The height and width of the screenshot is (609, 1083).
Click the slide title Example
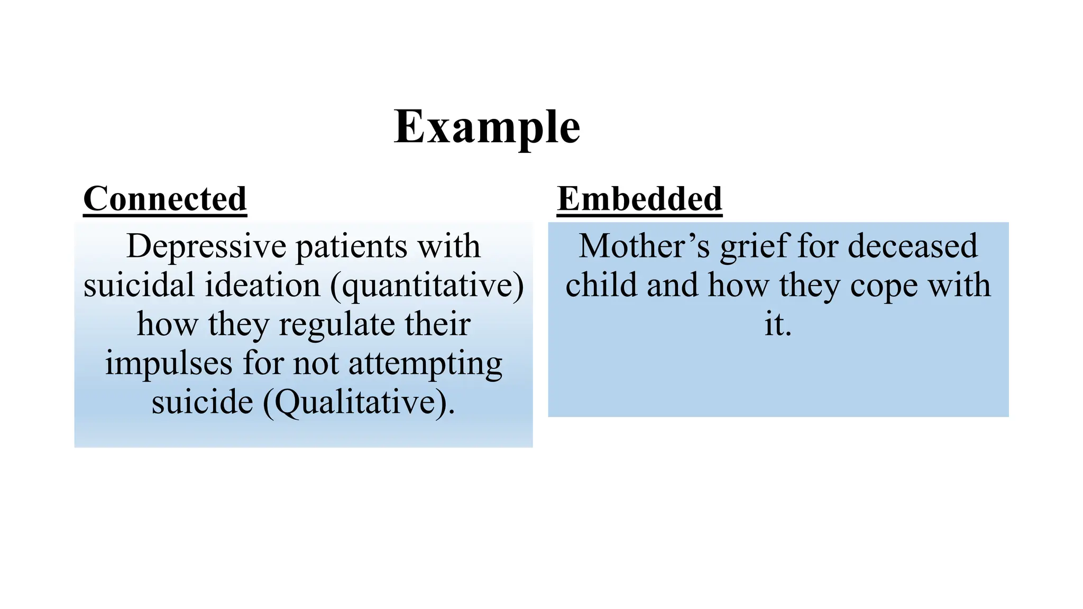487,127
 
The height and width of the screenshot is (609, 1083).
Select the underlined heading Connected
165,199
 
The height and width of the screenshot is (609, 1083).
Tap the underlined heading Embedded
639,199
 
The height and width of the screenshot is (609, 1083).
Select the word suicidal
139,285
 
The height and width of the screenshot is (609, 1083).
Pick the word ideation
262,285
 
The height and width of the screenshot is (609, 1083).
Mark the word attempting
425,364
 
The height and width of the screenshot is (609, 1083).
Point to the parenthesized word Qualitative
358,403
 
